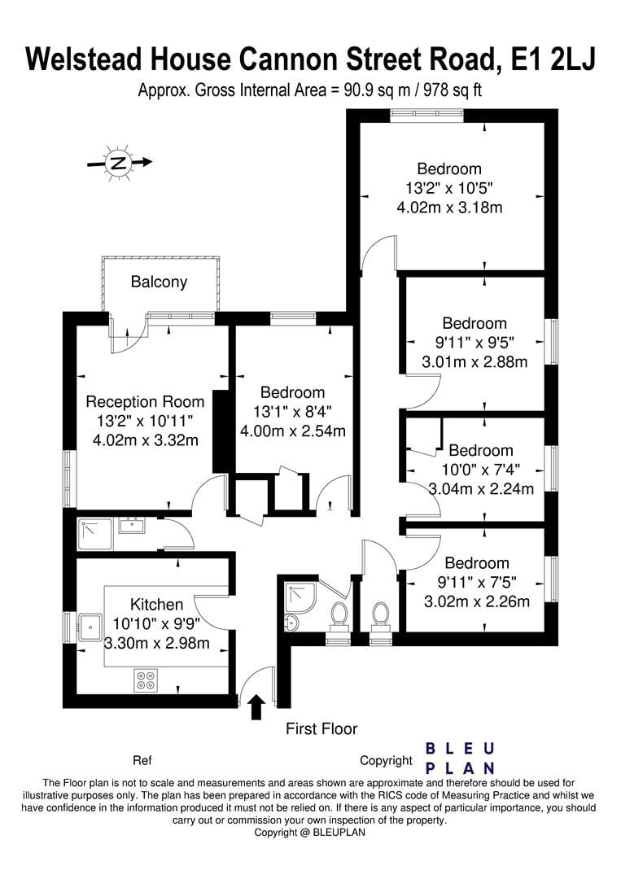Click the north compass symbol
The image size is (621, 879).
[x=119, y=163]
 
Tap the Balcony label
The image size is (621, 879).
[x=159, y=282]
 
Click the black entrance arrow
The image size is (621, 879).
[x=256, y=706]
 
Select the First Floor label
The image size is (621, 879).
[x=321, y=729]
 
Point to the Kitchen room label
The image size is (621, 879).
[x=156, y=605]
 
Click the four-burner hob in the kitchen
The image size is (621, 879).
[x=146, y=680]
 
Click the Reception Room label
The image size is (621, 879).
[x=145, y=401]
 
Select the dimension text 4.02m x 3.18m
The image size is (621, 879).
[x=449, y=208]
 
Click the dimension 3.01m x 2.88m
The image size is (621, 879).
[x=474, y=361]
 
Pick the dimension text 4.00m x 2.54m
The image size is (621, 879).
[x=293, y=431]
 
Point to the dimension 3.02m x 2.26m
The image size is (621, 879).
[x=476, y=602]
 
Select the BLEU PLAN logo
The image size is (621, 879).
[x=461, y=759]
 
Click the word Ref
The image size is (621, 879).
[x=142, y=761]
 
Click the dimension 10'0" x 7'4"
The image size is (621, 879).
[x=480, y=470]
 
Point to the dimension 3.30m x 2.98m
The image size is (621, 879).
[x=157, y=643]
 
